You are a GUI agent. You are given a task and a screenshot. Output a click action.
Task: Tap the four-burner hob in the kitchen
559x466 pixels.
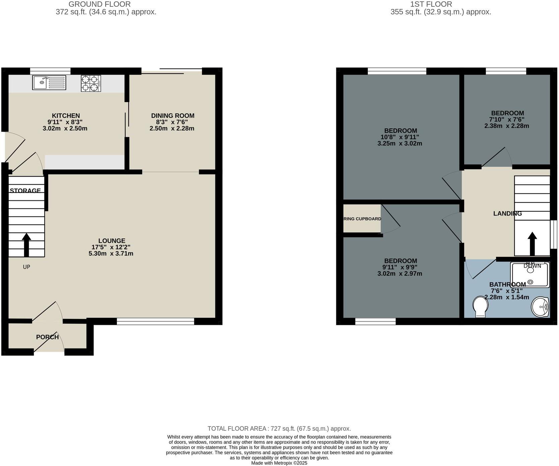coord(91,83)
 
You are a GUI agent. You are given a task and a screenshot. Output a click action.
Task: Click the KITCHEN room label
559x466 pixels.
coord(66,116)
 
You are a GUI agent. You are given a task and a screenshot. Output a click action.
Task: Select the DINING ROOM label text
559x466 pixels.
coord(172,116)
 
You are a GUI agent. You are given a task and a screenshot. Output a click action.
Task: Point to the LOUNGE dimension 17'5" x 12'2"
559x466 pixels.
coord(111,247)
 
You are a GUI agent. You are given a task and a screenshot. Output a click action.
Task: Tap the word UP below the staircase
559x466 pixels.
coord(26,267)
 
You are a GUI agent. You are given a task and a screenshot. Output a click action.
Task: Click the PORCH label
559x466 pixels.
coord(47,337)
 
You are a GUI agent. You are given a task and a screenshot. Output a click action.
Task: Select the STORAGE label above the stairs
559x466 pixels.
coord(25,191)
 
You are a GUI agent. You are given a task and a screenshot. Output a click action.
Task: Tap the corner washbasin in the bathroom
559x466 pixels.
coord(541,306)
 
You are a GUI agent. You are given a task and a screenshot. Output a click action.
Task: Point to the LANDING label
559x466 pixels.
coord(507,213)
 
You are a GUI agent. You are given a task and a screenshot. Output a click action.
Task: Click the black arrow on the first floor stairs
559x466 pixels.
coord(532,244)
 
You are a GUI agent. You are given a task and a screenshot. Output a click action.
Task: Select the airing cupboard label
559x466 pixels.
coord(362,219)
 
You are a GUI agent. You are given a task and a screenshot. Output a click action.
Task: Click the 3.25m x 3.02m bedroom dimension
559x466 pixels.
coord(400,144)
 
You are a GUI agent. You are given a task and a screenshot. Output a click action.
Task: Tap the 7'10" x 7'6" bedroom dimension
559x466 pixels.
coord(506,119)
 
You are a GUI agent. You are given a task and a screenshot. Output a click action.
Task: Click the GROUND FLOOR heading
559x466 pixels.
coord(99,4)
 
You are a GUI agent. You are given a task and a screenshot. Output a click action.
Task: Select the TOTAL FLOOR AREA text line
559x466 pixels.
coord(279,429)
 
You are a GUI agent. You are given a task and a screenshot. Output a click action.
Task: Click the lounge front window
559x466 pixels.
coord(155,321)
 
